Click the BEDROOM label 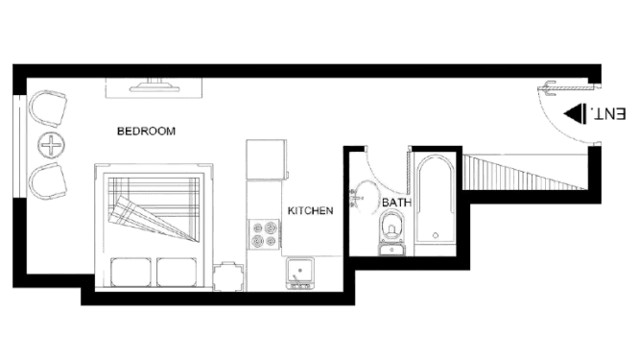(146, 131)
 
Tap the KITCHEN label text (310, 210)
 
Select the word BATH (396, 204)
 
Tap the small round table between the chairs (49, 145)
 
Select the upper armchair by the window (48, 109)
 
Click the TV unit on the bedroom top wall (154, 87)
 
